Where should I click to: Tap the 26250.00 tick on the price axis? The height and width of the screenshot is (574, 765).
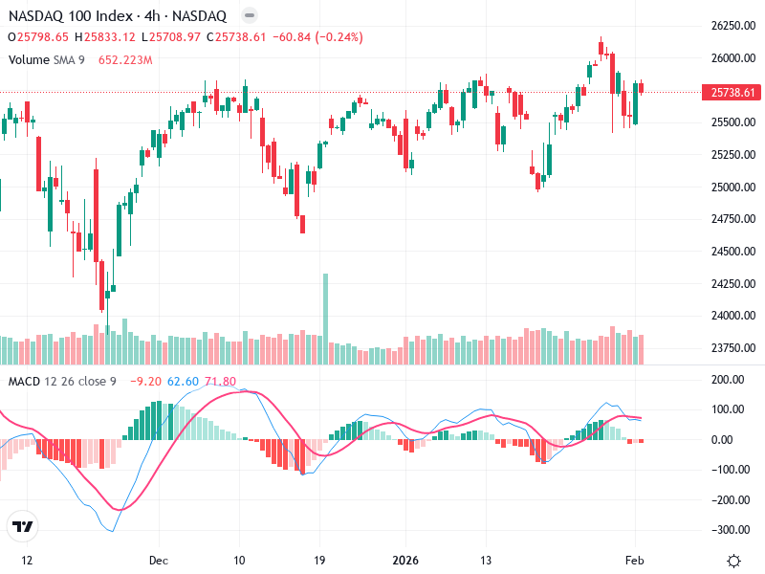click(734, 26)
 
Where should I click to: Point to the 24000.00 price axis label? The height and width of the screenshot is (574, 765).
click(734, 316)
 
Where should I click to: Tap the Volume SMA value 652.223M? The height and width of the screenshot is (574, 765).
click(125, 59)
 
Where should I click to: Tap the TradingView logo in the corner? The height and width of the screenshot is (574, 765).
click(23, 527)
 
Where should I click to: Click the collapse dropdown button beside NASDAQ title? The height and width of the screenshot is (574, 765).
click(249, 16)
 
